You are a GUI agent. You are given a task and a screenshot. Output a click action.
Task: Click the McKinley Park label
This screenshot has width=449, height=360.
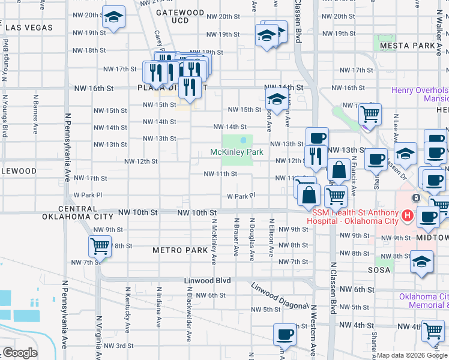tap(237, 152)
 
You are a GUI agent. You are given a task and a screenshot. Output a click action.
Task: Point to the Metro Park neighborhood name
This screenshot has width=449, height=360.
tap(179, 250)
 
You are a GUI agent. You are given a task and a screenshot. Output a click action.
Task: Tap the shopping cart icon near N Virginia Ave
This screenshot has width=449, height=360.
tap(99, 245)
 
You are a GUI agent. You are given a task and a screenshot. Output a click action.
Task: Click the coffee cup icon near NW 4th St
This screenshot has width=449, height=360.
tap(285, 334)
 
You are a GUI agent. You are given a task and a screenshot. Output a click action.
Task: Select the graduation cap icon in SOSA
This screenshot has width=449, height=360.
tap(421, 261)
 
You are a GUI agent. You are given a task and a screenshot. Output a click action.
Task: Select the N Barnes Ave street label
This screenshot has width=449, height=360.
tap(35, 113)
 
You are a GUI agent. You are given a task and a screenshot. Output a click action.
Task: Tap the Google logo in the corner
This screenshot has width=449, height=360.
tap(19, 353)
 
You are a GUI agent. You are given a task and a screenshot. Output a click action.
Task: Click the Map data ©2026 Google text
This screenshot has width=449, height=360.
tap(412, 356)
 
